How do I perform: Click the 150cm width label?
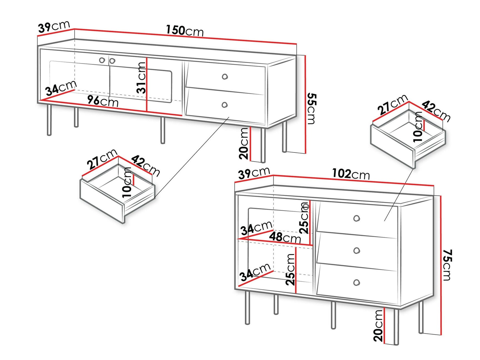click(185, 30)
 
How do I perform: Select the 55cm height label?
click(311, 109)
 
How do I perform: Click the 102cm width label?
click(351, 174)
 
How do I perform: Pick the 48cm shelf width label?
click(285, 237)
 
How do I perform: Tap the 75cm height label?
click(447, 265)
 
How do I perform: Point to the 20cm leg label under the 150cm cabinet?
click(244, 144)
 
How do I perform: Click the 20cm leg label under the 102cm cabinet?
click(378, 326)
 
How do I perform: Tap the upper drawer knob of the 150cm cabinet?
click(225, 77)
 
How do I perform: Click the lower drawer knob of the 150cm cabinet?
click(224, 105)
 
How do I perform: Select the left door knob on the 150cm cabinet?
click(102, 60)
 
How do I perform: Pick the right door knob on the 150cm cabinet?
click(112, 61)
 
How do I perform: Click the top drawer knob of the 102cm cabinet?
click(357, 218)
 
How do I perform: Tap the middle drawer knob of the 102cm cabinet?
click(357, 251)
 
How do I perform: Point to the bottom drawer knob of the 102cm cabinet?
click(357, 283)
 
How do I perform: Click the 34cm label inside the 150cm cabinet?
click(61, 88)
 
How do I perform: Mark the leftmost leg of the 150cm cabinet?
click(49, 120)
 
